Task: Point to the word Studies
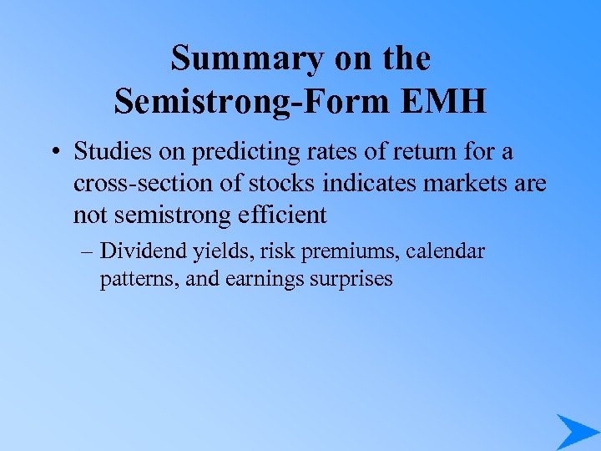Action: (x=111, y=153)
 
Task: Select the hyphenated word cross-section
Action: (x=141, y=184)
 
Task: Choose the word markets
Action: (x=464, y=184)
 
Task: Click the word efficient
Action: (x=282, y=215)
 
